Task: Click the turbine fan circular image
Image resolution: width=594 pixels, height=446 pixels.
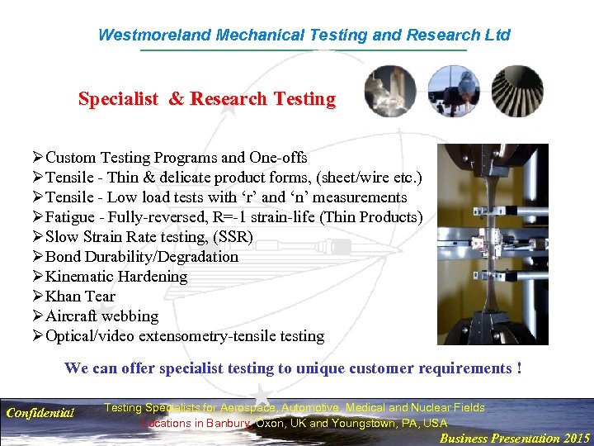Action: [517, 92]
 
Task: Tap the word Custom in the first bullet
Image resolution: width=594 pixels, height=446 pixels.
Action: [69, 158]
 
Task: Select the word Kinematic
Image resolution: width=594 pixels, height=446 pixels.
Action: [80, 277]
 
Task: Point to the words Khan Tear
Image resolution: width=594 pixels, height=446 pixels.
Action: [80, 297]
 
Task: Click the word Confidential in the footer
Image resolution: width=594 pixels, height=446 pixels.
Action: [40, 412]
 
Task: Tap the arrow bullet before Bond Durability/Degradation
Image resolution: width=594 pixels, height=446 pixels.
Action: [37, 257]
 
